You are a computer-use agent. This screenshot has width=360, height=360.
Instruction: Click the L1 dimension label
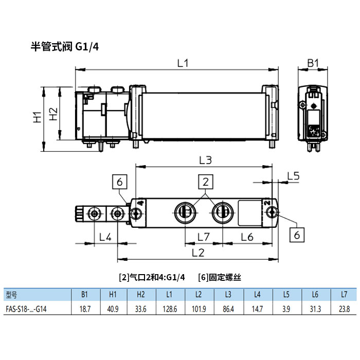pos(183,63)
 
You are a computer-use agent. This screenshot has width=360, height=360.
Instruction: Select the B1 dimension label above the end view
pos(313,63)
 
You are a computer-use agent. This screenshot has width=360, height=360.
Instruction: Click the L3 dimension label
pos(205,160)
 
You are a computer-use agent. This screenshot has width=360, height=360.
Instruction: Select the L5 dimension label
pos(293,175)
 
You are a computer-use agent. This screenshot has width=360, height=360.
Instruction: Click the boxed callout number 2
pos(206,181)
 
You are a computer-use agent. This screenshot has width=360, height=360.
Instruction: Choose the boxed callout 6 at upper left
pos(119,182)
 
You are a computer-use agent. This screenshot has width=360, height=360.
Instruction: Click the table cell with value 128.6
pos(169,309)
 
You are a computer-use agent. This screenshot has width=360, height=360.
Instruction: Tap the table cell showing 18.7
pos(85,309)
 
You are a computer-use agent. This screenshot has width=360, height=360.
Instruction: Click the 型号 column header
pos(12,295)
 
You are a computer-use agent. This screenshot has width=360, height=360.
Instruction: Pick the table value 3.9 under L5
pos(286,309)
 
